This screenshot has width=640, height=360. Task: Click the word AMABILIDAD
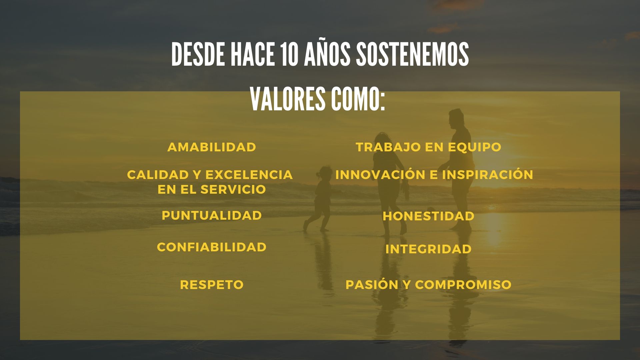click(212, 147)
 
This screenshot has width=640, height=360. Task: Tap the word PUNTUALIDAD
click(212, 215)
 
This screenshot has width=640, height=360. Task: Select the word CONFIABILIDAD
click(212, 247)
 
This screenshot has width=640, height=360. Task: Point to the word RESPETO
click(212, 285)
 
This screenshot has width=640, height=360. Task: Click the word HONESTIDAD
click(428, 216)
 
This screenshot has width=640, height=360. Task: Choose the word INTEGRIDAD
click(428, 249)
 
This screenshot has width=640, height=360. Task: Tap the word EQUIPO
click(475, 147)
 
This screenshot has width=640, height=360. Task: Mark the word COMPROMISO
click(463, 285)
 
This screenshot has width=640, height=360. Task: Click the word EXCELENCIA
click(249, 175)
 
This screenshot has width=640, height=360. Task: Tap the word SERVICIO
click(233, 189)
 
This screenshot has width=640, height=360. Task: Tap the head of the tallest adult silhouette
click(456, 117)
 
